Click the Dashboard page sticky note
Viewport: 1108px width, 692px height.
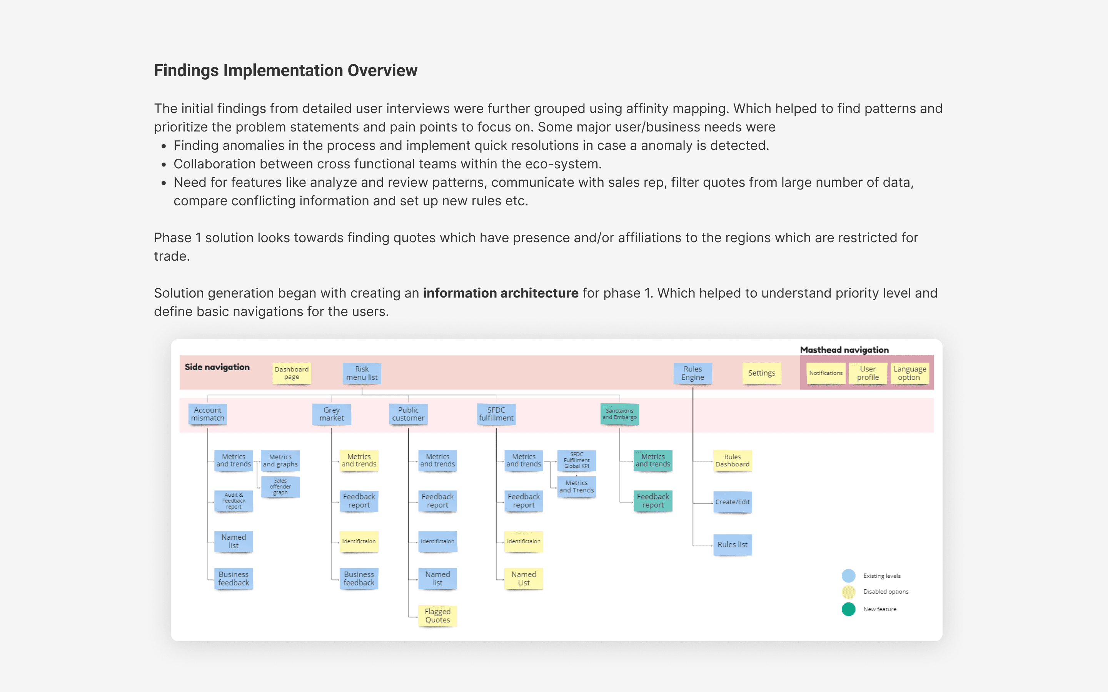click(x=292, y=373)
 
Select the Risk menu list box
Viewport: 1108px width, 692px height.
click(x=362, y=373)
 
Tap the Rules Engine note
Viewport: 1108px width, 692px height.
click(x=693, y=373)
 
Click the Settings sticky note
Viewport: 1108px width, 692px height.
click(x=762, y=373)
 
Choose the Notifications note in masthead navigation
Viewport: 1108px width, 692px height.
click(x=826, y=373)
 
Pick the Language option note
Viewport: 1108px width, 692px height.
click(x=910, y=373)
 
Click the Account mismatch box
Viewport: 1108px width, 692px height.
click(x=207, y=414)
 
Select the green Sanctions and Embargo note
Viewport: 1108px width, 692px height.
click(x=619, y=414)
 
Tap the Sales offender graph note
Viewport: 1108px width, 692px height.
click(x=280, y=486)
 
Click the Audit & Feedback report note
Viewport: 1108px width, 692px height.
click(x=234, y=501)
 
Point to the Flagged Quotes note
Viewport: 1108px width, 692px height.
click(x=438, y=615)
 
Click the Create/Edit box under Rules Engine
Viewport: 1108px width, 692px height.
click(x=733, y=502)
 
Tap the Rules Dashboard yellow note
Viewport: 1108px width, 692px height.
click(x=733, y=461)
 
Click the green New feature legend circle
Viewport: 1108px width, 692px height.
click(x=848, y=609)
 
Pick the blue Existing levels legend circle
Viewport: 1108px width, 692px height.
click(x=848, y=576)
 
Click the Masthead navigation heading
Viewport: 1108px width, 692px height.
click(x=844, y=350)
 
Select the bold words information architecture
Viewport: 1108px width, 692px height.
click(x=501, y=293)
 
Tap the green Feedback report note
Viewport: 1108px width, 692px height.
click(x=653, y=501)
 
